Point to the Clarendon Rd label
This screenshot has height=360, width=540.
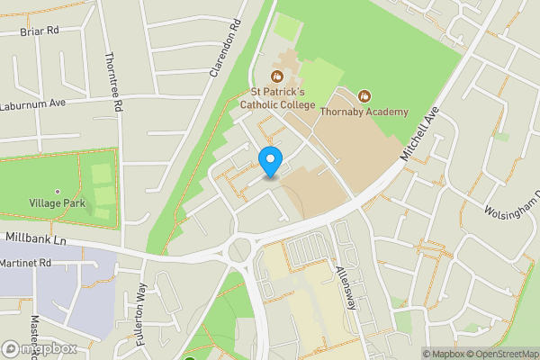pyautogui.click(x=227, y=49)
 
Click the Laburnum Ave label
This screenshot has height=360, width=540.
pyautogui.click(x=34, y=103)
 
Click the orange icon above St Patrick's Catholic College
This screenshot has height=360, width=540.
pyautogui.click(x=279, y=76)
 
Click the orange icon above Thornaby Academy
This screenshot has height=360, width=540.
pyautogui.click(x=364, y=94)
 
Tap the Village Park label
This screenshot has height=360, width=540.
pyautogui.click(x=57, y=203)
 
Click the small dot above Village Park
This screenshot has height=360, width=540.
pyautogui.click(x=57, y=192)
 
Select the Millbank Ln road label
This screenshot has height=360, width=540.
pyautogui.click(x=36, y=238)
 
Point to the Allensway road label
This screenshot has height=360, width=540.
pyautogui.click(x=347, y=288)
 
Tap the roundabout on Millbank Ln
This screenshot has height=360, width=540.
pyautogui.click(x=241, y=249)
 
